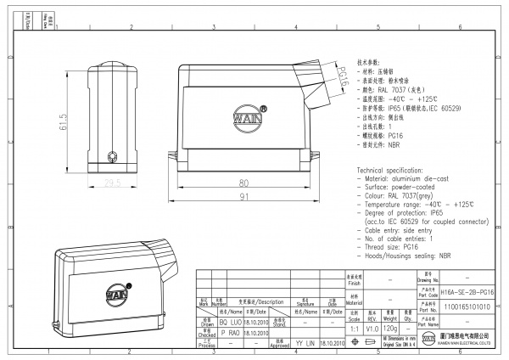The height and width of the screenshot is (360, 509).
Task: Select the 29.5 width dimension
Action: [112, 182]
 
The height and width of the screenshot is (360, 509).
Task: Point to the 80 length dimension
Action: [243, 183]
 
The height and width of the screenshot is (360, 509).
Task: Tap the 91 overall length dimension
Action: [243, 198]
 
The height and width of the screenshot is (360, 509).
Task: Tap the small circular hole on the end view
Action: [112, 157]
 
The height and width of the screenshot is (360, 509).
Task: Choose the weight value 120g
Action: [391, 327]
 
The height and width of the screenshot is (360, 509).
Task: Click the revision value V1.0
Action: [372, 327]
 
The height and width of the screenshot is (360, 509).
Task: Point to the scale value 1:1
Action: [354, 327]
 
